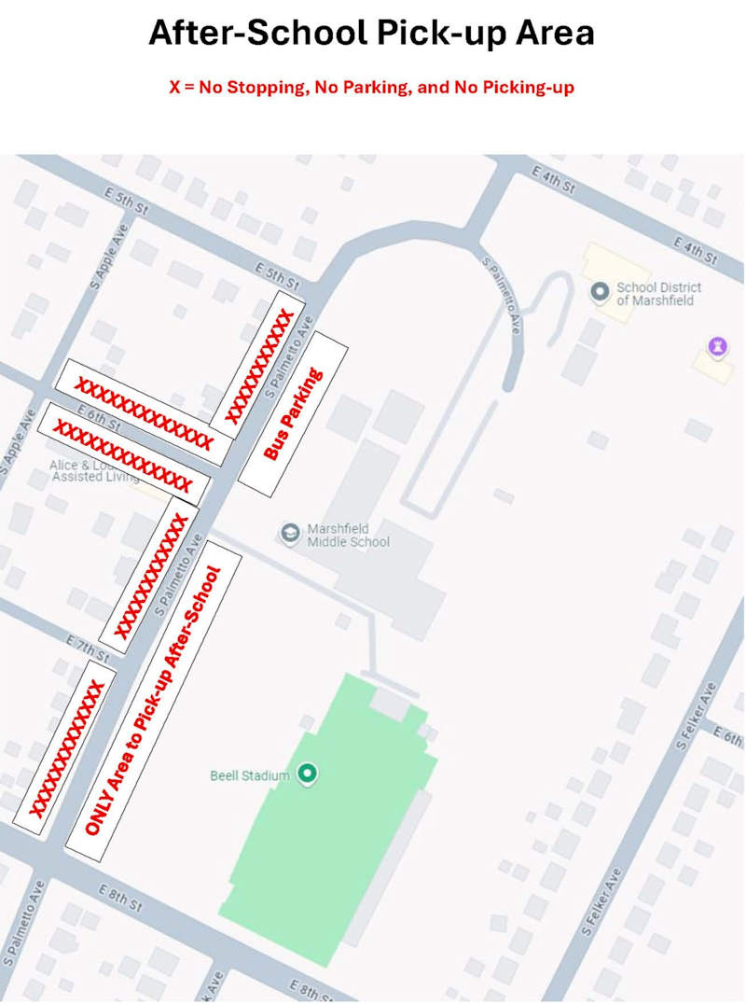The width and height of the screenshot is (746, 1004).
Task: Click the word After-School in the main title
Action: [x=256, y=33]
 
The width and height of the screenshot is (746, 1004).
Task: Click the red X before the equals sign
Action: [x=173, y=88]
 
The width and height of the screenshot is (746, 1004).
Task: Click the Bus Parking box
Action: [x=293, y=413]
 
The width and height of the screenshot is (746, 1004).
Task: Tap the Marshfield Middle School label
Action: [x=349, y=536]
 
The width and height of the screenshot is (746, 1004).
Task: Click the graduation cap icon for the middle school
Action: [x=291, y=532]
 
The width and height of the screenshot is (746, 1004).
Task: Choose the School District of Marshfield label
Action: [x=658, y=294]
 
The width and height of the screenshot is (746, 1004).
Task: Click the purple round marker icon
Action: [x=716, y=347]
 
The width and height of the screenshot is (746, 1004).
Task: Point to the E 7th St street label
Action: [x=89, y=645]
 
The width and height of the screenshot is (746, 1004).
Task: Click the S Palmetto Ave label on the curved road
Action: [x=502, y=295]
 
